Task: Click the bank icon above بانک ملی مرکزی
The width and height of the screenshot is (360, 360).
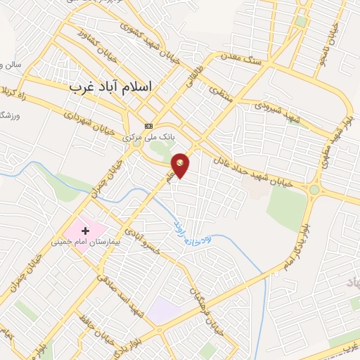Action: click(148, 126)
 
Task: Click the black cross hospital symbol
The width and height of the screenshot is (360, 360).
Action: click(86, 230)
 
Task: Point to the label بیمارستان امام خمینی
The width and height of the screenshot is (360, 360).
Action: click(82, 242)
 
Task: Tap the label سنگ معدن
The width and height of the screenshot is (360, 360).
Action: click(239, 55)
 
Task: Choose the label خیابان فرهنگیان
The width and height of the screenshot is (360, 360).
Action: click(200, 295)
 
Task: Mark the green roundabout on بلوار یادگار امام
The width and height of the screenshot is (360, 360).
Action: click(314, 189)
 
